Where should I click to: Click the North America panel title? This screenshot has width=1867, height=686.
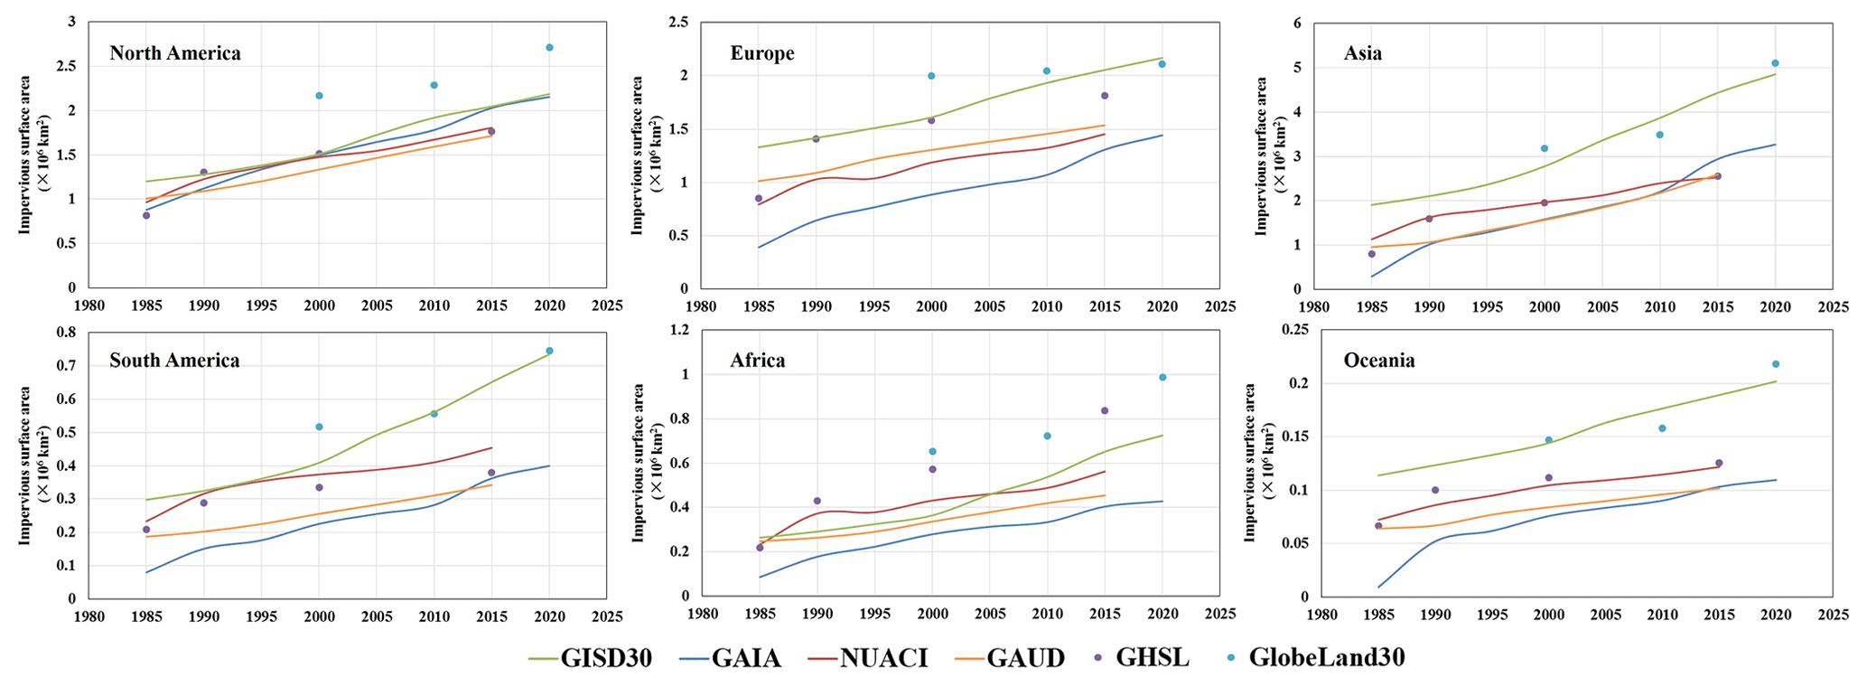coord(175,53)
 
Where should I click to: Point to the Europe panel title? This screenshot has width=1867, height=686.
coord(762,53)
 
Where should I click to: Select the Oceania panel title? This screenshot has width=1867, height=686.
coord(1379,361)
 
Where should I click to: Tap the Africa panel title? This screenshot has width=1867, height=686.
coord(758,361)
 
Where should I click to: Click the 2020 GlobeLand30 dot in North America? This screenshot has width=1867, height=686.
coord(549,47)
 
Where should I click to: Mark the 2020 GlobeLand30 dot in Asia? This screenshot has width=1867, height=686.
coord(1775,63)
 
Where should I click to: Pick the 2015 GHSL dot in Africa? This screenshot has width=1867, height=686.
coord(1105,410)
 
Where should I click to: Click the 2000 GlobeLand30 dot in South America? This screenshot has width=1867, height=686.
coord(319,427)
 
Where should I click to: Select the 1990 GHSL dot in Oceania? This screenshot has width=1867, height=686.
coord(1435,490)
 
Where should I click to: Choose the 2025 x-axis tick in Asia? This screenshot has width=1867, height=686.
coord(1834,307)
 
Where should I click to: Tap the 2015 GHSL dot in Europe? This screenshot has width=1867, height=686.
coord(1105,96)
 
